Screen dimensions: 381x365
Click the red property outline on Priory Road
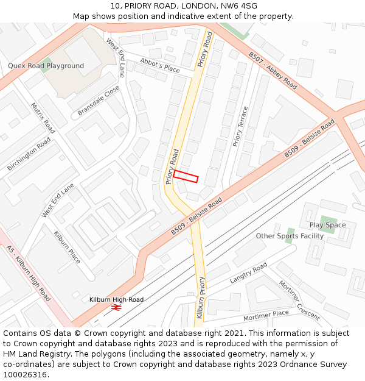tap(186, 176)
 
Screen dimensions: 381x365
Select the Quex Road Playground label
tap(46, 66)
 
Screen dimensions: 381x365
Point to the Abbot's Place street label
tap(160, 65)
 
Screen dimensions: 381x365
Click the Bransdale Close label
tap(99, 101)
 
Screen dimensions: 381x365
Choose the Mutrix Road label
tap(43, 118)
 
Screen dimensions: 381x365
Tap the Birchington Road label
tap(29, 154)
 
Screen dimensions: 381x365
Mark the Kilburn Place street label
tap(67, 247)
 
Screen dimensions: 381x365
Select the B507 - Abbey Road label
tap(273, 71)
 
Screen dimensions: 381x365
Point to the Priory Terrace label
tap(240, 127)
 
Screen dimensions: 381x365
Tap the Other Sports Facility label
tap(290, 236)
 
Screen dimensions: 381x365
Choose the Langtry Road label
tap(248, 274)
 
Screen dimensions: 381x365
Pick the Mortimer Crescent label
tap(299, 300)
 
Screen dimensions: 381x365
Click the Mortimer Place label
tap(266, 315)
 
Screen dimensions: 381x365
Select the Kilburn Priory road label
tap(200, 297)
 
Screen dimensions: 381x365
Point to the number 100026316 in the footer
tap(25, 374)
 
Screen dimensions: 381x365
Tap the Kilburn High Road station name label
tap(116, 299)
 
